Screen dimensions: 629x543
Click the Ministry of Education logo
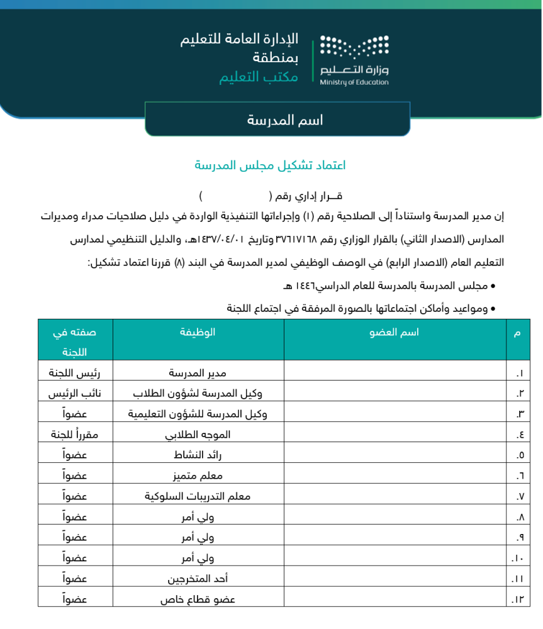click(354, 60)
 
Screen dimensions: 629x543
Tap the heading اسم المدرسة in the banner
click(284, 120)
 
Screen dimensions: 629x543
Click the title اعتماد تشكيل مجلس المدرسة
click(270, 165)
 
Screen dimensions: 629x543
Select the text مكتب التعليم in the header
click(258, 77)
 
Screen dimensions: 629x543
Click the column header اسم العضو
click(395, 332)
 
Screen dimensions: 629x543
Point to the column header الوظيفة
click(198, 332)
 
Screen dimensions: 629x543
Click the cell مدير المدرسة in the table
click(198, 373)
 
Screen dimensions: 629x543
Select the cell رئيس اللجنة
click(75, 373)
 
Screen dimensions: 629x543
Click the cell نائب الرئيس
click(75, 394)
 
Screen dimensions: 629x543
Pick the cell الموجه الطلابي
click(198, 435)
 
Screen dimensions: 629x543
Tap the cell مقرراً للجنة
click(75, 435)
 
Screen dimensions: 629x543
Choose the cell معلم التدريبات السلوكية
click(198, 496)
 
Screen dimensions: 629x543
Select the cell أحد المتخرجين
click(198, 579)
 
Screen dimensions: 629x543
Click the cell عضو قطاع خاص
click(198, 599)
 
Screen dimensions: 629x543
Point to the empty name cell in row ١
click(395, 373)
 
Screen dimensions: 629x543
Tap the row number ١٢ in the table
click(517, 599)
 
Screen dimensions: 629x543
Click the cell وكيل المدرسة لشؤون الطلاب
click(198, 394)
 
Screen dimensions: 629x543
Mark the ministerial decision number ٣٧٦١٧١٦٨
click(297, 240)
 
